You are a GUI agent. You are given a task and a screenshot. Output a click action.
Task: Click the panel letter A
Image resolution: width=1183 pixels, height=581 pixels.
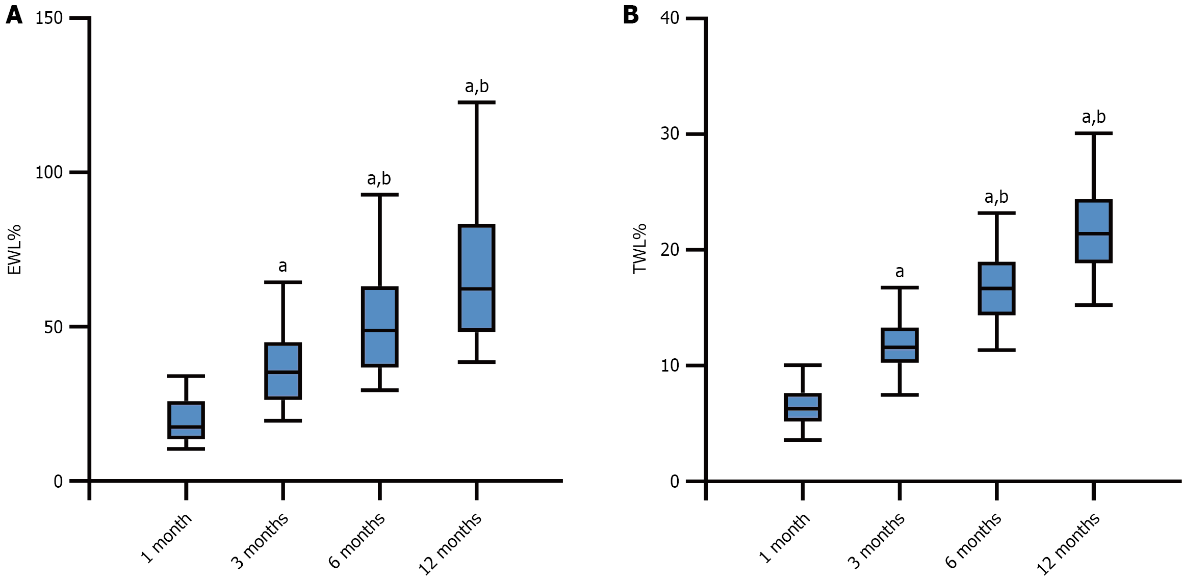(x=14, y=15)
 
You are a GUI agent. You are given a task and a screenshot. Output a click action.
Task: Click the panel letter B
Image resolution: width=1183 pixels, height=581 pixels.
(x=631, y=15)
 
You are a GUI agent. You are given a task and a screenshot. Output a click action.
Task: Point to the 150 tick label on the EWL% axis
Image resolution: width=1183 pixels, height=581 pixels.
(x=49, y=18)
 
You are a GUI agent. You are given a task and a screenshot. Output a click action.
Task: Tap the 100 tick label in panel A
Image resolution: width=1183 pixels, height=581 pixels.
(x=49, y=173)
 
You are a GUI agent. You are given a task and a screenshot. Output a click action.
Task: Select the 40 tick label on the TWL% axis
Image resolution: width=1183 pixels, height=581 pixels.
(x=670, y=18)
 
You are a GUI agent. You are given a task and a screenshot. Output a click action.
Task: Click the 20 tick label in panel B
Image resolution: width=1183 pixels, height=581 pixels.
(x=670, y=250)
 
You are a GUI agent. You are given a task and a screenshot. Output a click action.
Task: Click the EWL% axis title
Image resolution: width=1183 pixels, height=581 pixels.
(x=14, y=250)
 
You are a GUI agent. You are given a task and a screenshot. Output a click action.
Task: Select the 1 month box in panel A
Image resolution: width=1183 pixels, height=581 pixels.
(x=186, y=420)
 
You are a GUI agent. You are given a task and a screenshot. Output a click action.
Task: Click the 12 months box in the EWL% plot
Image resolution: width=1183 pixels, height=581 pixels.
(x=477, y=278)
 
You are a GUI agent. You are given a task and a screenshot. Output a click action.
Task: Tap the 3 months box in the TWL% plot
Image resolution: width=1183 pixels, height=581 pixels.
(x=899, y=345)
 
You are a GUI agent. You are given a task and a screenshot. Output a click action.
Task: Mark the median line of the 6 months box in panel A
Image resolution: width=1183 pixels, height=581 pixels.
(x=380, y=330)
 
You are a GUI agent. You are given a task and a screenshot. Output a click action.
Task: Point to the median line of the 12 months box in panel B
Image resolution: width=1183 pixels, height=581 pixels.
(x=1093, y=233)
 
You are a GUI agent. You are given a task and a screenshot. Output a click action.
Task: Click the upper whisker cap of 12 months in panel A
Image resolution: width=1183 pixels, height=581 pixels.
(x=477, y=102)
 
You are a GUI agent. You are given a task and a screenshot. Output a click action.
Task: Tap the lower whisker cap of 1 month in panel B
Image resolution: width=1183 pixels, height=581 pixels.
(x=803, y=439)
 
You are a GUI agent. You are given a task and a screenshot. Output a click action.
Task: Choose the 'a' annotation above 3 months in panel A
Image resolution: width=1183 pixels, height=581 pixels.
(x=282, y=266)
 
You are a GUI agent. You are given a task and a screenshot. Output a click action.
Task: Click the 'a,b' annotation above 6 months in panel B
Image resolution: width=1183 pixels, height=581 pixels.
(x=996, y=197)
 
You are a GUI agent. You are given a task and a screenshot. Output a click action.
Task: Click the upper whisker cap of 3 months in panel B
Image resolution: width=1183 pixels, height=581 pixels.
(x=899, y=287)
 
